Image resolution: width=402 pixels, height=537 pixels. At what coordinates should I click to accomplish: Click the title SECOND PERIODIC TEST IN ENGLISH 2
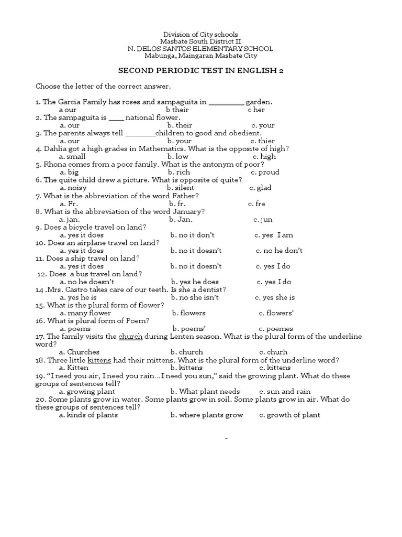click(200, 70)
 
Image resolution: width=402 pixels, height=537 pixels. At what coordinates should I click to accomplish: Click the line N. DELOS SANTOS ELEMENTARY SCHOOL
click(200, 48)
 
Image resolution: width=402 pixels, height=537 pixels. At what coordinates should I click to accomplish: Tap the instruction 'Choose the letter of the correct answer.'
click(103, 86)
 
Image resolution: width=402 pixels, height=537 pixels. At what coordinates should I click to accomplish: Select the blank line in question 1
click(226, 102)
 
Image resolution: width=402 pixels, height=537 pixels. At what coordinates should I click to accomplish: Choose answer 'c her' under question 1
click(256, 110)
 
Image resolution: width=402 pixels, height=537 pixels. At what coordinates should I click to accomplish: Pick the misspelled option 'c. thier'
click(262, 141)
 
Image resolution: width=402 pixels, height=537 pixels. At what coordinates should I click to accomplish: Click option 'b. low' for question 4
click(178, 156)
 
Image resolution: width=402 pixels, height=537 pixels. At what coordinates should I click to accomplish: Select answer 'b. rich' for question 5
click(179, 172)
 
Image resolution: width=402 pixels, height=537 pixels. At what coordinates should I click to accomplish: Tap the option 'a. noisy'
click(73, 188)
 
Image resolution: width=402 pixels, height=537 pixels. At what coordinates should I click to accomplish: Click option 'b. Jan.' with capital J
click(180, 219)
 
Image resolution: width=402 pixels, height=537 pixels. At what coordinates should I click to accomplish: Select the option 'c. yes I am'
click(274, 235)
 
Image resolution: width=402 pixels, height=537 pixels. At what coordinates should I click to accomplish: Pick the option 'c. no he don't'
click(279, 251)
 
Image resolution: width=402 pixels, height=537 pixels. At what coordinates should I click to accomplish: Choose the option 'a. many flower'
click(85, 313)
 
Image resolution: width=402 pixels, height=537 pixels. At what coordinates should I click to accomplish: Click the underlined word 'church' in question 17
click(131, 336)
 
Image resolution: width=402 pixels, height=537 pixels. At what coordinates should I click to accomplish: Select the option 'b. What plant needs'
click(205, 391)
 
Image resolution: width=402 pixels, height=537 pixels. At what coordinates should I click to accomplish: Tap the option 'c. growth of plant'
click(289, 415)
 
